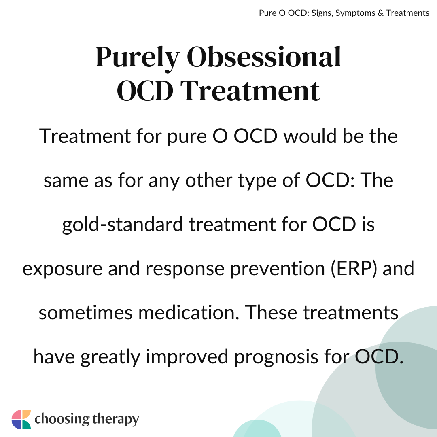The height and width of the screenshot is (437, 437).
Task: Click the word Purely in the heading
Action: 137,59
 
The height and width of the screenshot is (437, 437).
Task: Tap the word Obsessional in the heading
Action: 264,57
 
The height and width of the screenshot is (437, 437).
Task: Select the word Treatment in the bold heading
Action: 250,91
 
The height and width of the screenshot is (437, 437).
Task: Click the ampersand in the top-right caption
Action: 380,13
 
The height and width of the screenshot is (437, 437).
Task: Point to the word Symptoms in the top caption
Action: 355,13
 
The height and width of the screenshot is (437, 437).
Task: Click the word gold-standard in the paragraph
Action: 122,225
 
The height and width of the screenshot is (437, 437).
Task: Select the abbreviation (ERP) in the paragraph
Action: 354,269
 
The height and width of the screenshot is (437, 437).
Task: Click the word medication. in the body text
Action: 189,312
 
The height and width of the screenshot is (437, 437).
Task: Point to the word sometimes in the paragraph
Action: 85,313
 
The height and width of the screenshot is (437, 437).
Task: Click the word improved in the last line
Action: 187,357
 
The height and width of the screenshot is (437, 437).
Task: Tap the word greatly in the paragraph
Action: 110,357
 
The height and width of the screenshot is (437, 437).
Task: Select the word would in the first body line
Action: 310,136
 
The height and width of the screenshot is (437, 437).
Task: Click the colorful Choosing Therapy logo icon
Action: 21,420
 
